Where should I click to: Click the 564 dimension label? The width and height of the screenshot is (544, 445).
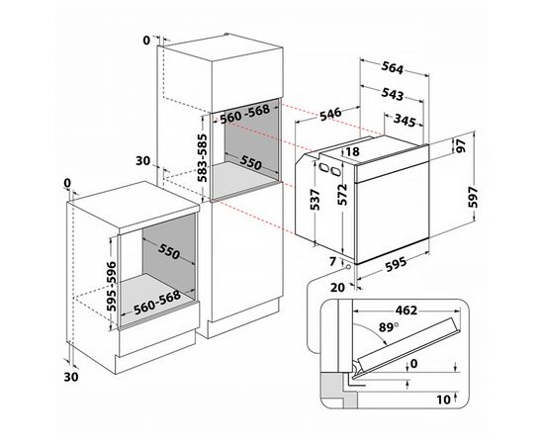[x=393, y=67]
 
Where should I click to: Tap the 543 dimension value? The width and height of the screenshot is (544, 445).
[x=393, y=94]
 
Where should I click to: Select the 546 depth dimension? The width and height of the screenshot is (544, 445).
[x=330, y=115]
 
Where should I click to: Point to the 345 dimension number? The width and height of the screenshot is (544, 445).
[x=405, y=120]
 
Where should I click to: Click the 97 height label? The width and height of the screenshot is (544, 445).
[x=461, y=146]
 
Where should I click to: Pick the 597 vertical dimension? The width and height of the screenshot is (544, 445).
[x=473, y=197]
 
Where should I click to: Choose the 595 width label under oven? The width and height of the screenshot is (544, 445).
[x=396, y=264]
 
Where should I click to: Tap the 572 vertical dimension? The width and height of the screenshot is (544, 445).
[x=342, y=194]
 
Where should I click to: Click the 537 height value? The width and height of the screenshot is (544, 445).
[x=315, y=200]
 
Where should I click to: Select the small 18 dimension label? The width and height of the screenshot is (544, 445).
[x=352, y=151]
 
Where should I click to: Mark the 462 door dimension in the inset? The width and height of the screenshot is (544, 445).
[x=407, y=311]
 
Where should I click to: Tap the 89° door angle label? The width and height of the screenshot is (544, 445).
[x=388, y=327]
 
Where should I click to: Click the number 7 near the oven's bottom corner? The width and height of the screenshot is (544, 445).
[x=333, y=261]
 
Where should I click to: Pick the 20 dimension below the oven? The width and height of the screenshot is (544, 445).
[x=337, y=287]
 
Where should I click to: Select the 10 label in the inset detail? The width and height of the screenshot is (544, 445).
[x=443, y=400]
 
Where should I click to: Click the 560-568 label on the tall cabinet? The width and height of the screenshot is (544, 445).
[x=245, y=114]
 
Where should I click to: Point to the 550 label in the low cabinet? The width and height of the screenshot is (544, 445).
[x=169, y=251]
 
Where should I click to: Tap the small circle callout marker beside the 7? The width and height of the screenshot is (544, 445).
[x=348, y=266]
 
